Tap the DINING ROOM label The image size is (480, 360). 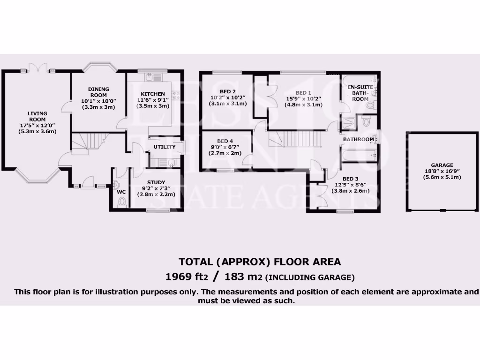click(98, 92)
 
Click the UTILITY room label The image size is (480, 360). click(165, 147)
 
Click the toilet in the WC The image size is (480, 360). click(122, 202)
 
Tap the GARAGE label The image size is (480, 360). click(442, 165)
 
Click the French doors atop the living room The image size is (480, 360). click(37, 68)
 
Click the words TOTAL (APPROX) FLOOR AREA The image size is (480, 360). click(260, 262)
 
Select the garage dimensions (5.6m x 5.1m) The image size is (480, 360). click(442, 177)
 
